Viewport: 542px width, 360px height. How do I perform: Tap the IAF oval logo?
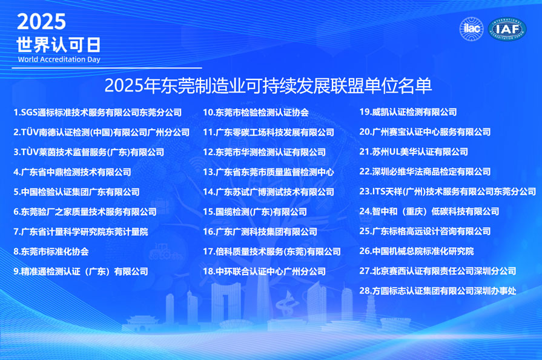507,29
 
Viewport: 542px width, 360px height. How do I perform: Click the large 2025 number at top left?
41,22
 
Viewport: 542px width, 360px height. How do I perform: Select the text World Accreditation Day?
59,59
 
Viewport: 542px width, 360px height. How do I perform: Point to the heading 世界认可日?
58,44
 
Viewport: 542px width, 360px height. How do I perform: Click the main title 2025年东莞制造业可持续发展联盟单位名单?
268,85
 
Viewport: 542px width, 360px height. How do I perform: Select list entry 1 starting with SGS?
97,112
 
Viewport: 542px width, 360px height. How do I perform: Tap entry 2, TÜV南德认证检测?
101,132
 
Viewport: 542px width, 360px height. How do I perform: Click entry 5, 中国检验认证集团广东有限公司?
76,192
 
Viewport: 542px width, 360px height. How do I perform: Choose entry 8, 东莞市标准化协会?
51,252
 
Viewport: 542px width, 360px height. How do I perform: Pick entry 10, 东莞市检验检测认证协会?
256,112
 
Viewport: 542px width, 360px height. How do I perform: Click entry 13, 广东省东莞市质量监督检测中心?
268,172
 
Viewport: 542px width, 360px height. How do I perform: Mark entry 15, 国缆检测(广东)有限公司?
254,212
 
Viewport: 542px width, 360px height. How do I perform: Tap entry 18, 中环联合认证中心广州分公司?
264,272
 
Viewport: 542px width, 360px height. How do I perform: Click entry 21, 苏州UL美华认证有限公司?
413,152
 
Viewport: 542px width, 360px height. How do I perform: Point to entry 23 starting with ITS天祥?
447,192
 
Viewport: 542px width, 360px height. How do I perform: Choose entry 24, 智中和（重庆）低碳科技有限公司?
429,212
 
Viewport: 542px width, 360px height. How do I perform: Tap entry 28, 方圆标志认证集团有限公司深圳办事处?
437,291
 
